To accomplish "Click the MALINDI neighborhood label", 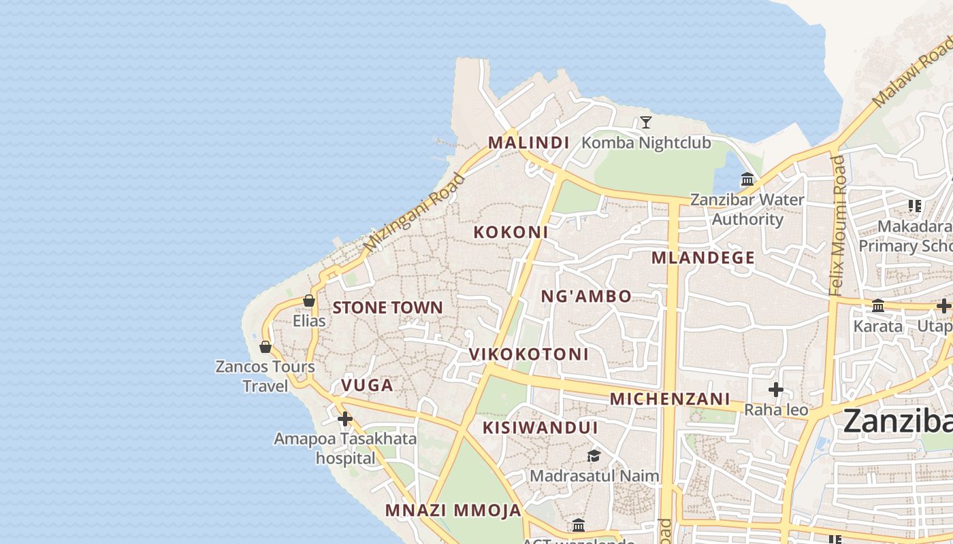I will point(528,143).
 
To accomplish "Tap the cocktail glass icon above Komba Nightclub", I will point(646,122).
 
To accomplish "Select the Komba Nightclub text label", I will point(646,143).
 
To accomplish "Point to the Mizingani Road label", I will point(414,211).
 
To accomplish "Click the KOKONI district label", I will point(511,232).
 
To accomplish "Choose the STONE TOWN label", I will point(387,307).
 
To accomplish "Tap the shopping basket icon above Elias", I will point(309,300).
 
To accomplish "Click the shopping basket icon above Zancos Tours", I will point(265,347).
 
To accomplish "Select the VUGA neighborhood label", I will point(367,386).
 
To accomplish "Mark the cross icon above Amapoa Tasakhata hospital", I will point(345,418).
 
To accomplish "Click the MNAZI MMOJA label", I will point(453,510).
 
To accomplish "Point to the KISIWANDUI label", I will point(540,428).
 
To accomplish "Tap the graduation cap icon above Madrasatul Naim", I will point(594,456).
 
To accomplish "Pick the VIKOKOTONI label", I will point(528,354).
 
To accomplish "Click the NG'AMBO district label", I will point(586,296).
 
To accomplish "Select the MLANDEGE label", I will point(703,258).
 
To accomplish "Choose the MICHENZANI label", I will point(670,399).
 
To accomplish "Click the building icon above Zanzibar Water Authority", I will point(747,180).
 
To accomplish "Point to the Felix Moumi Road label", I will point(837,225).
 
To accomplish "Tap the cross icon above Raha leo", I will point(775,390).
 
